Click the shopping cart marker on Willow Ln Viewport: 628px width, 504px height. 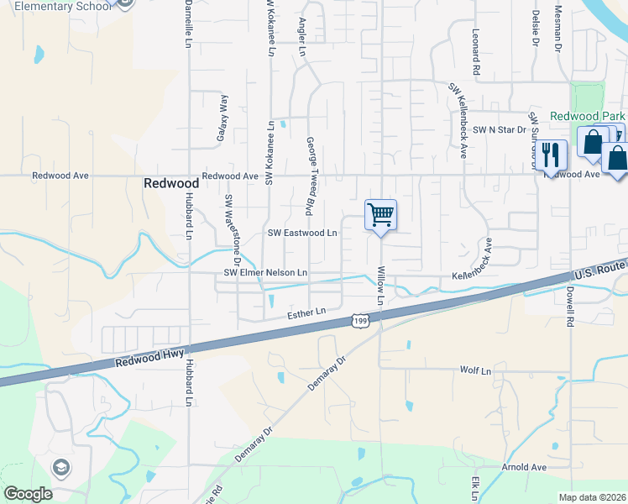(x=380, y=215)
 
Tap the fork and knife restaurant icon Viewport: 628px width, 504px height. (x=550, y=155)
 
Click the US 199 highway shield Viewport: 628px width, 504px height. (x=359, y=321)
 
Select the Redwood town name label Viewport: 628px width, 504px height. (x=171, y=182)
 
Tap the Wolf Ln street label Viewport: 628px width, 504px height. (x=474, y=370)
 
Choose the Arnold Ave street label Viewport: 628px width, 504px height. (x=524, y=467)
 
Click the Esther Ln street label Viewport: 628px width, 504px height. (x=306, y=312)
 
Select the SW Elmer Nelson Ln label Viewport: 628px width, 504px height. (x=265, y=273)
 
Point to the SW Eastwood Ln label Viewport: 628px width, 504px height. (x=302, y=233)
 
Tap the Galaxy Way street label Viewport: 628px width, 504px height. (x=224, y=115)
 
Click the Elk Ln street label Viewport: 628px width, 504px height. (x=475, y=488)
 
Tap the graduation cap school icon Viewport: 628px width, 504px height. (x=60, y=467)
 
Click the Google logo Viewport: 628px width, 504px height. (x=27, y=494)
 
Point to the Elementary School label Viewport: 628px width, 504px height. (x=62, y=6)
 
